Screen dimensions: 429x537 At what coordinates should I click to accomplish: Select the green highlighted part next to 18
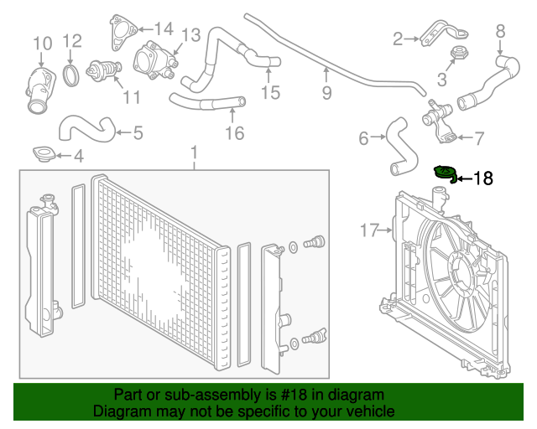tap(443, 173)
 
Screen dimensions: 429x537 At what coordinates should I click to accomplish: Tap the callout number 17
tap(371, 228)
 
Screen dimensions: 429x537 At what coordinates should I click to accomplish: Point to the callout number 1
tap(194, 153)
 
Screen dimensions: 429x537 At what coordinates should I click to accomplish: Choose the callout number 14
tap(163, 28)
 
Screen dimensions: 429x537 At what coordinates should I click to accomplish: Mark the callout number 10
tap(41, 43)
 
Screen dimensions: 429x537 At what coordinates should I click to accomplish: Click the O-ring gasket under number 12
tap(73, 75)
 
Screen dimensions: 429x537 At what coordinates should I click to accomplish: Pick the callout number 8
tap(500, 31)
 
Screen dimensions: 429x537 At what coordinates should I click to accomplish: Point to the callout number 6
tap(363, 138)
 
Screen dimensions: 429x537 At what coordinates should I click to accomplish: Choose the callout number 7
tap(478, 137)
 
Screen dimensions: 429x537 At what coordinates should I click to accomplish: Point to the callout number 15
tap(270, 92)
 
